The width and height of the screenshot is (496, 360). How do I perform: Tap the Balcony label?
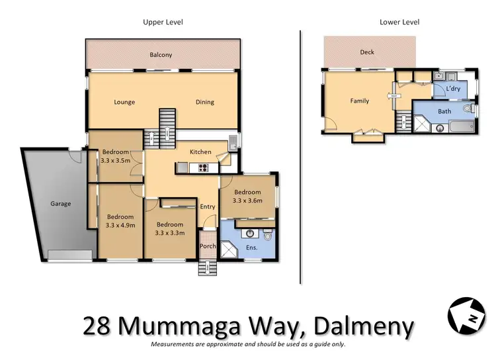(161, 55)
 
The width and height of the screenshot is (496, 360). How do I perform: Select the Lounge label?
(124, 102)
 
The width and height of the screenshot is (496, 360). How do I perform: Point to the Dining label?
(205, 102)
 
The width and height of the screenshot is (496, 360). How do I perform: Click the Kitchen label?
(200, 152)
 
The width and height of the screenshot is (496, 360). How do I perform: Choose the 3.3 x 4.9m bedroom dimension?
(120, 226)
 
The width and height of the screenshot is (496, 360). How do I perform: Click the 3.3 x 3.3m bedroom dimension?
(169, 232)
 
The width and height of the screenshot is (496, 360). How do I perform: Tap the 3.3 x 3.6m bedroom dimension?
(247, 201)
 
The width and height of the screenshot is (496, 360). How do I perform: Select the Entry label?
(208, 206)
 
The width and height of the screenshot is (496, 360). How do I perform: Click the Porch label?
(208, 246)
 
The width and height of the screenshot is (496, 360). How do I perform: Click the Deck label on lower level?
(367, 52)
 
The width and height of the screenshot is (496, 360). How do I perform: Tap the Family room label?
(359, 101)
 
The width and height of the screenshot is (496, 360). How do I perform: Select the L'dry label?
(453, 89)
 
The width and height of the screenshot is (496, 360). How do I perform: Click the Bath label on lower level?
(444, 111)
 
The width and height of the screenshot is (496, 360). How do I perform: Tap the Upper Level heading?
(163, 22)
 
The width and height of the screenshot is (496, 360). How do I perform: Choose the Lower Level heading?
(399, 22)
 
